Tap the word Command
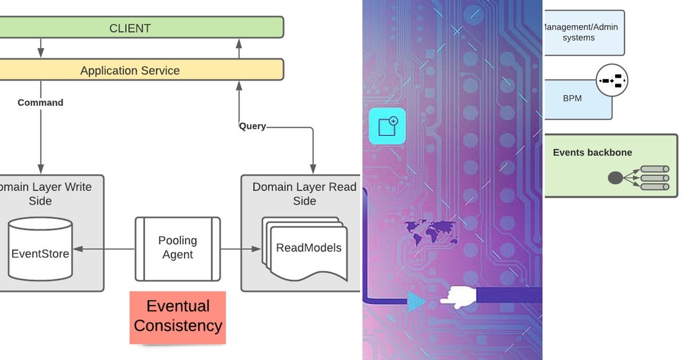coord(40,103)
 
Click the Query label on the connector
coord(252,126)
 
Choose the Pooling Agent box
coord(177,248)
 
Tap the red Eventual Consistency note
coord(177,317)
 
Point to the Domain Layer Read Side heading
coord(304,194)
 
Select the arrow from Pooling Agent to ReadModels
coord(240,249)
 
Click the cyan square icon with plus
coord(387,126)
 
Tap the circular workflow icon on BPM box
coord(612,81)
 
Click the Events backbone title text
coord(592,153)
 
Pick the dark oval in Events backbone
coord(615,178)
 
